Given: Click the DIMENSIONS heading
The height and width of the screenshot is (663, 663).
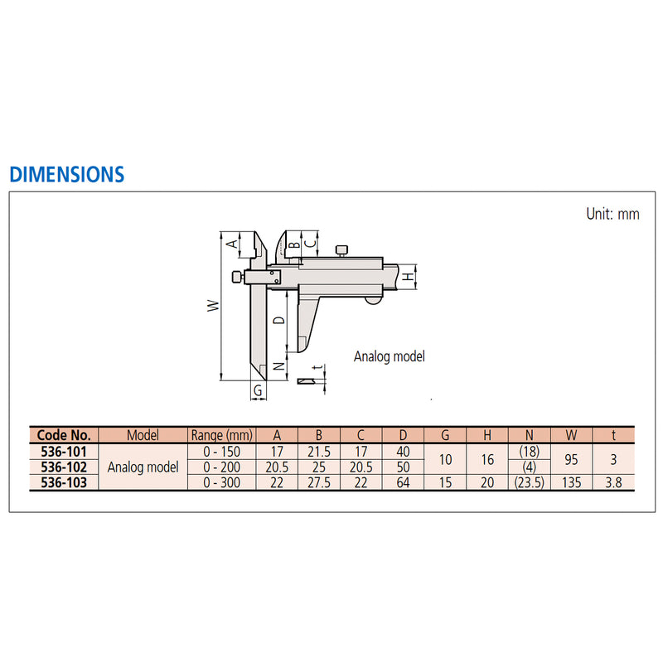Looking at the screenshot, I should click(66, 174).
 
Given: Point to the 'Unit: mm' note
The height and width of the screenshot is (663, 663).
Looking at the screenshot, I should click(612, 213).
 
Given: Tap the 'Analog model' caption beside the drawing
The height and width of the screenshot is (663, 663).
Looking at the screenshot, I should click(389, 356).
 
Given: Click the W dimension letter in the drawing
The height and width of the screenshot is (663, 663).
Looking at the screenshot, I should click(213, 306).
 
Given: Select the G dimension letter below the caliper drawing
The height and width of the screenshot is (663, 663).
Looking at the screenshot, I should click(258, 390).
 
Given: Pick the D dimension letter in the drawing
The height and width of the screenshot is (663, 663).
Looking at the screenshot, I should click(279, 319).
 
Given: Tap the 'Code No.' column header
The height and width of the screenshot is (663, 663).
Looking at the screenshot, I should click(64, 435).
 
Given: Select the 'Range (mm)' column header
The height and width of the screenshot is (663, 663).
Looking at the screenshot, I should click(220, 435).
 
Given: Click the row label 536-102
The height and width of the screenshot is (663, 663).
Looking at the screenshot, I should click(64, 467).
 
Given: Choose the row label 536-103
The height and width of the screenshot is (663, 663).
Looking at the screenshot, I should click(64, 482).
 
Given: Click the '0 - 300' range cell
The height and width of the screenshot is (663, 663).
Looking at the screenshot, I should click(220, 482).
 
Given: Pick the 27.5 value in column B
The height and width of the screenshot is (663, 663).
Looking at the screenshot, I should click(320, 482).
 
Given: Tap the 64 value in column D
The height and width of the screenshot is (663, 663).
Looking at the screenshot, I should click(403, 482).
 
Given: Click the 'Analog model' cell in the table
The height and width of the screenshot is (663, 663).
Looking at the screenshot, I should click(143, 467).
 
